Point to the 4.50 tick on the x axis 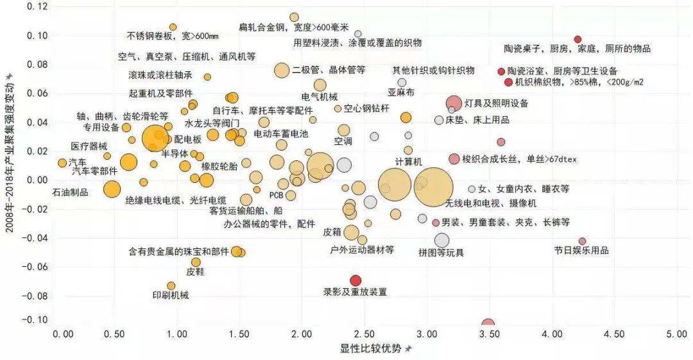(x=613, y=335)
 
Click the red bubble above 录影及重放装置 (x=355, y=280)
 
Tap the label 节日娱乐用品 (x=581, y=251)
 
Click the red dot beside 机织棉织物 (x=508, y=82)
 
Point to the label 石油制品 (x=70, y=192)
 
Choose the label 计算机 (x=408, y=160)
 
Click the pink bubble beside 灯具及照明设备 (x=454, y=103)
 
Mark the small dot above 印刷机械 (x=171, y=286)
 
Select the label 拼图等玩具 (x=441, y=252)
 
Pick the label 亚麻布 (x=401, y=93)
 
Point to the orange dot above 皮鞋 (x=196, y=262)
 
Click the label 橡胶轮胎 (x=219, y=166)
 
